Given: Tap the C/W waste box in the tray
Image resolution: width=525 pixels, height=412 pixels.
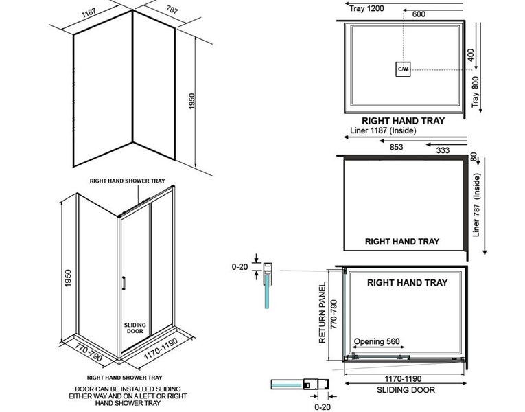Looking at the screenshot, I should tap(402, 69).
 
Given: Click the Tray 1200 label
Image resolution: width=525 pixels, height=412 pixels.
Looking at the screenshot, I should tap(366, 8).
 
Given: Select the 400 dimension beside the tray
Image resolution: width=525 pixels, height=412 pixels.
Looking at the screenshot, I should tap(471, 55).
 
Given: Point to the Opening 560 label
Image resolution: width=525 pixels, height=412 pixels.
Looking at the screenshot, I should tap(377, 341).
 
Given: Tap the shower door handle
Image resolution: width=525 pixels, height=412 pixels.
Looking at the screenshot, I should tap(124, 284).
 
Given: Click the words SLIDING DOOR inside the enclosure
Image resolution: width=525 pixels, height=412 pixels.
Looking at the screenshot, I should tap(134, 328).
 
